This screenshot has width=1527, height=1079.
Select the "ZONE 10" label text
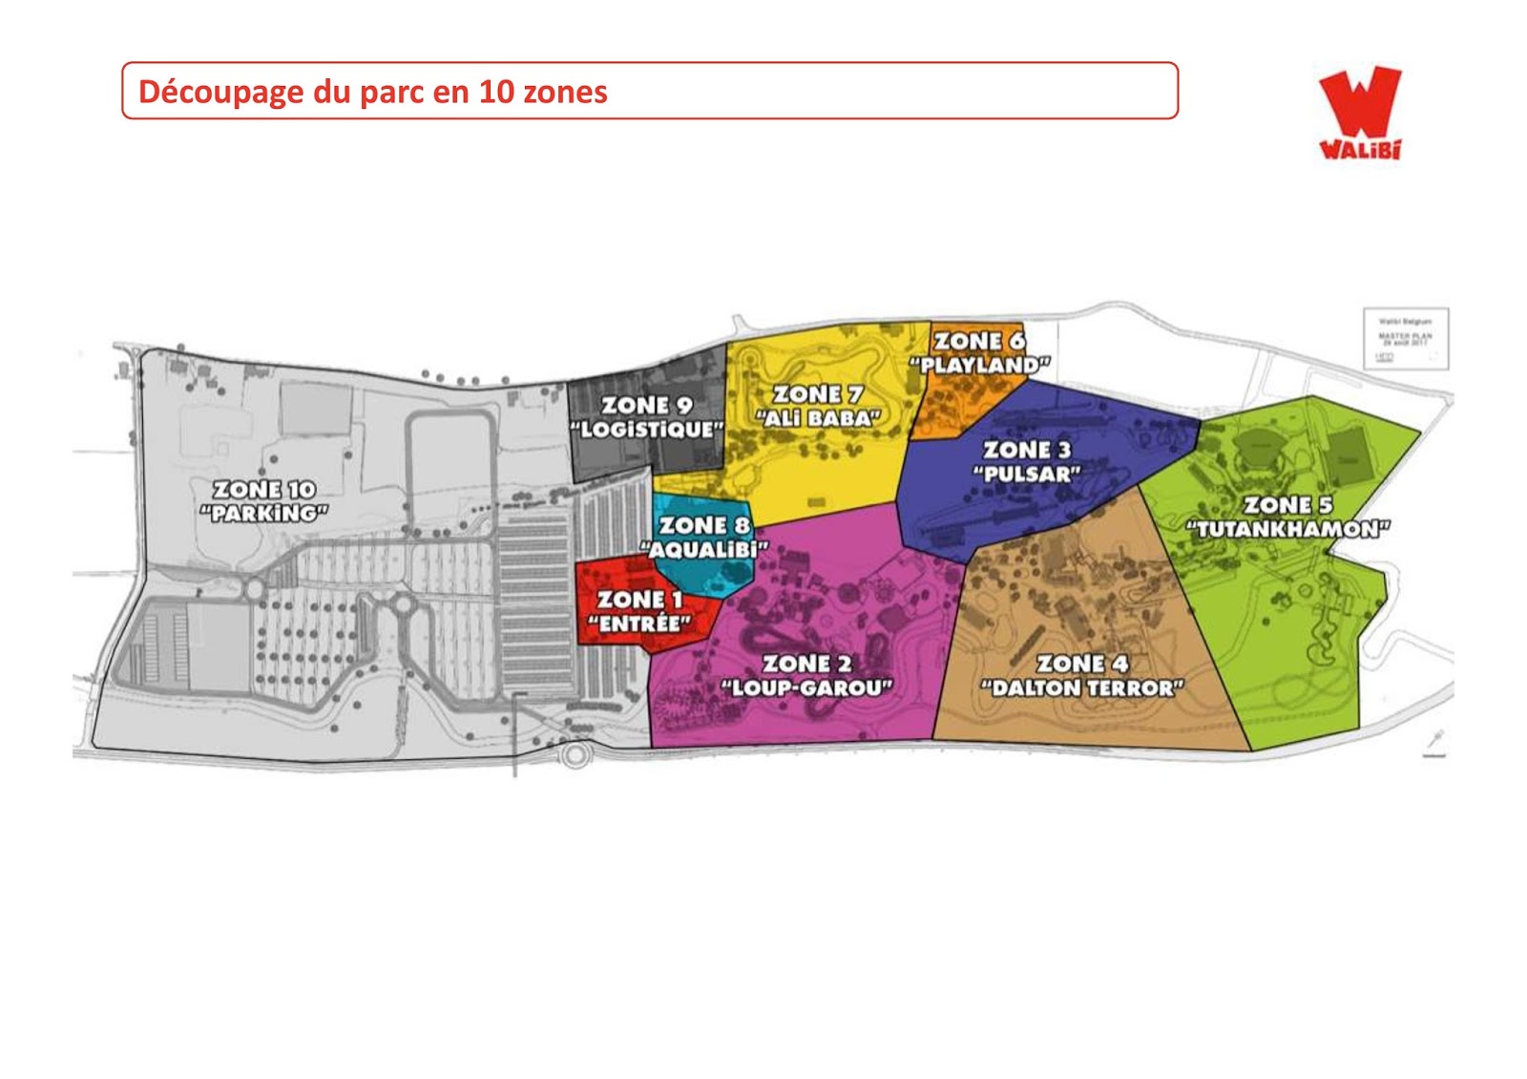pos(264,489)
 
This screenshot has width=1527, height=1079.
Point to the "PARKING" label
pos(264,514)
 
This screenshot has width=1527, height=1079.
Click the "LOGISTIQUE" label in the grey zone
pos(647,430)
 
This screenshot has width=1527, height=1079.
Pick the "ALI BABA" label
pos(818,418)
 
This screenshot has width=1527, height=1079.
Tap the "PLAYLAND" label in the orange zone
pos(979,365)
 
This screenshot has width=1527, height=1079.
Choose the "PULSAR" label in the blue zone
pos(1027,474)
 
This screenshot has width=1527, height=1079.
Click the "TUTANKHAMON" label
pos(1287,529)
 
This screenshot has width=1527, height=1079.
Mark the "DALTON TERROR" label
pos(1082,688)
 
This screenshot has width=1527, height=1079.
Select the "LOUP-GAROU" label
pos(806,688)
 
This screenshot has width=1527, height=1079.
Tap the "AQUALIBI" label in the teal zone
pos(704,549)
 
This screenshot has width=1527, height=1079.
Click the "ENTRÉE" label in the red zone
pos(638,624)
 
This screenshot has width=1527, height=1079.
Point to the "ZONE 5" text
pos(1287,504)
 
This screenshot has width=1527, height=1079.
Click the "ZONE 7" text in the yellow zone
pos(818,393)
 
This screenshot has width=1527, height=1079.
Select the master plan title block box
pos(1406,338)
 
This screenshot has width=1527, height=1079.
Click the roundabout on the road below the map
pos(573,755)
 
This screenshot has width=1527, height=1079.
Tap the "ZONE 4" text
pos(1082,663)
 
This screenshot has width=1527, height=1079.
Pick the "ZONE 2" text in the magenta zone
pos(806,663)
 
